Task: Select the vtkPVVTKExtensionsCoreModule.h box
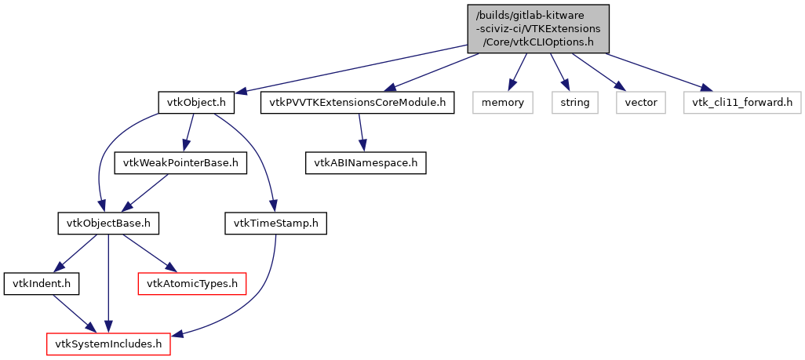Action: click(x=357, y=102)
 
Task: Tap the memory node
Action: click(x=502, y=102)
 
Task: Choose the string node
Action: click(x=574, y=102)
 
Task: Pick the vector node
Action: click(x=641, y=102)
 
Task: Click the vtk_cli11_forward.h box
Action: click(x=742, y=102)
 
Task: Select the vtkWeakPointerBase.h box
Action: click(x=180, y=163)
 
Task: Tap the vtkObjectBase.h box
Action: click(x=108, y=224)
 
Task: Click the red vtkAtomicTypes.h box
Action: click(x=192, y=283)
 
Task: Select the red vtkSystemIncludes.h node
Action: click(x=108, y=344)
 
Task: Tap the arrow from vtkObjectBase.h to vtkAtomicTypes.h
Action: click(x=149, y=253)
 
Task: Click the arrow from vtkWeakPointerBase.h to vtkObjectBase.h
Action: click(x=146, y=193)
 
